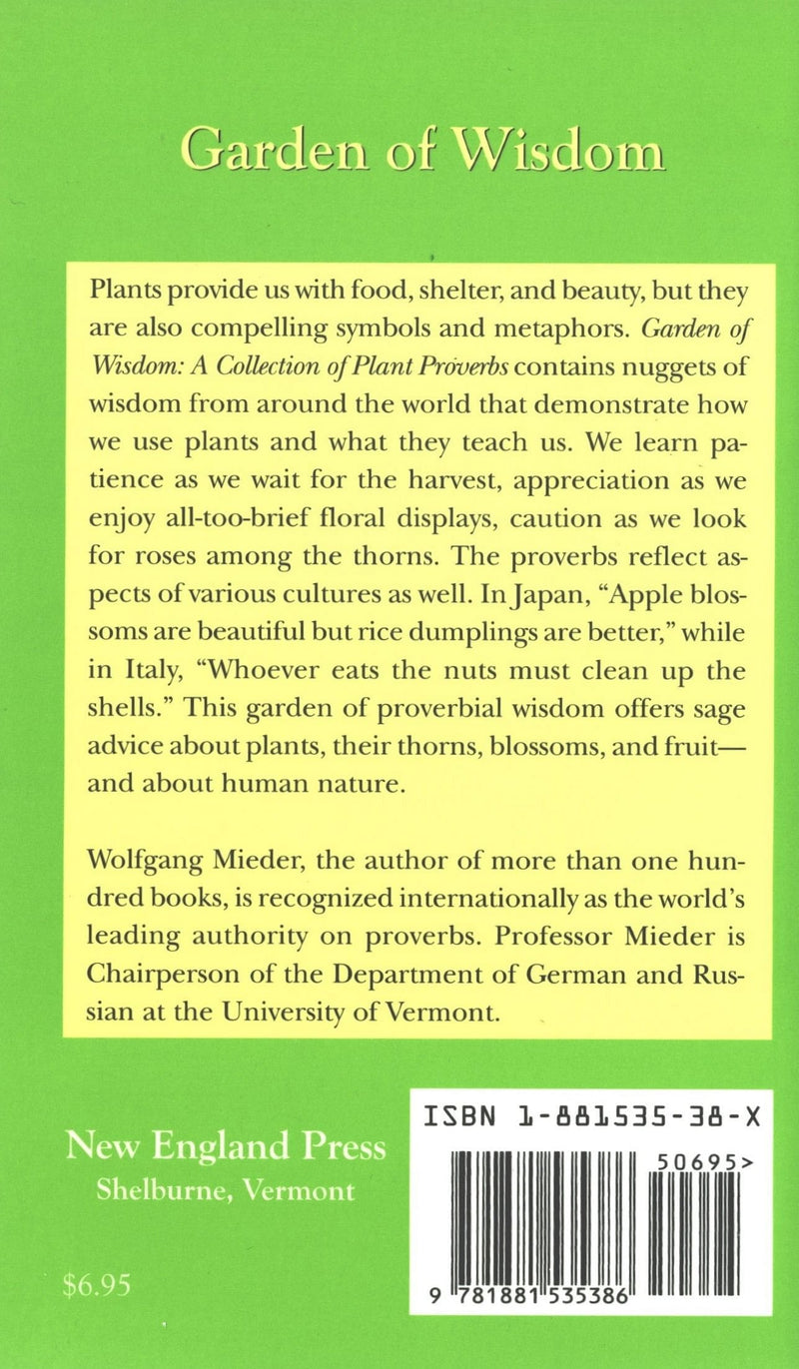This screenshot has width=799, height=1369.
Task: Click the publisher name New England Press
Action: click(x=226, y=1145)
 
